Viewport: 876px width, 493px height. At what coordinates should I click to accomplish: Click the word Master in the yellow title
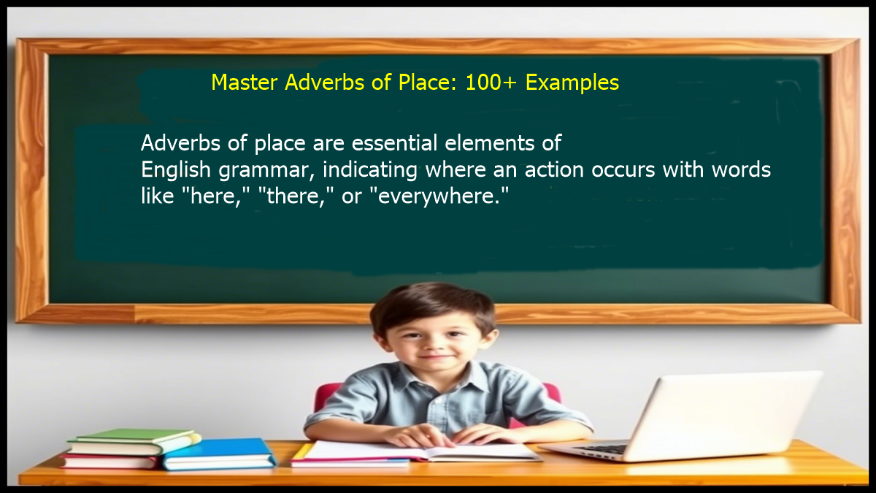pos(245,83)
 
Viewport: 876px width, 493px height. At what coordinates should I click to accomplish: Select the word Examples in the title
pos(572,83)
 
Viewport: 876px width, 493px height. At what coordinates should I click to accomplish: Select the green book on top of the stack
pos(135,437)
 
